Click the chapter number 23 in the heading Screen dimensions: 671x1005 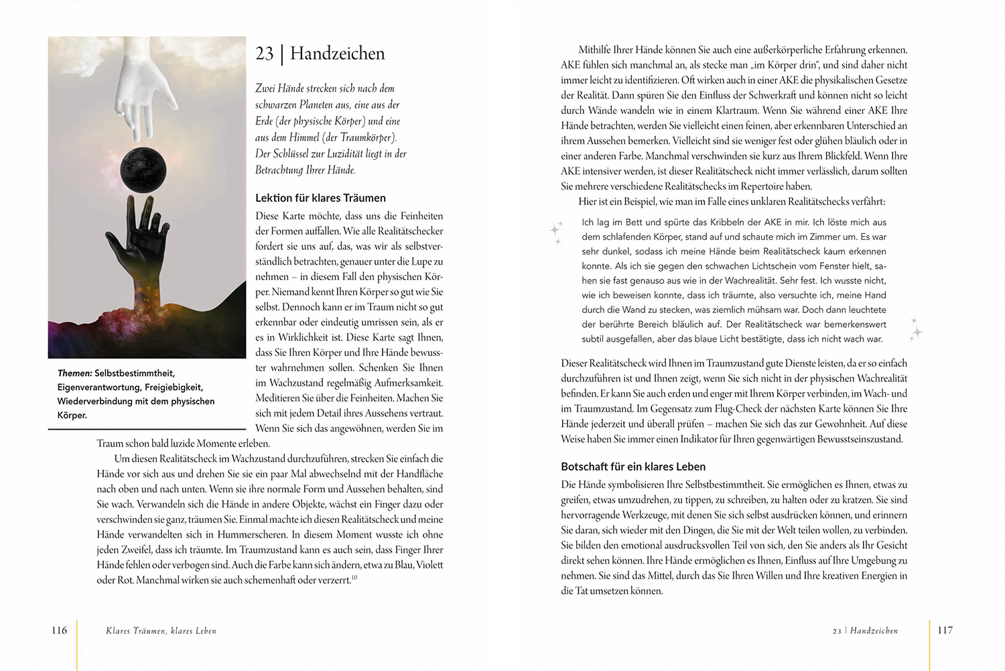click(265, 54)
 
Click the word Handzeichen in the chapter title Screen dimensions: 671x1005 click(337, 54)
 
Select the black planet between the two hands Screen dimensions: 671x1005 click(143, 170)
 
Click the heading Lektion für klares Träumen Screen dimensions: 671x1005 click(320, 198)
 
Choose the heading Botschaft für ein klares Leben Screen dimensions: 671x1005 click(632, 467)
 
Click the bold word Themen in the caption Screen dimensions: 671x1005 click(74, 373)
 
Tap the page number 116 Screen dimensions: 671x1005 click(59, 630)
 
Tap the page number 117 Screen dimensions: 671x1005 click(945, 630)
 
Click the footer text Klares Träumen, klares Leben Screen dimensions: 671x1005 click(161, 631)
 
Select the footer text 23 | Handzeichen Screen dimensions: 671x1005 click(865, 631)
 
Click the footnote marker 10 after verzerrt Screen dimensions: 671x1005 click(354, 578)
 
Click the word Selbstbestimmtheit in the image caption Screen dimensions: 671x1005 click(134, 373)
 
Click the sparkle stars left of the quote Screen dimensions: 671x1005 click(556, 232)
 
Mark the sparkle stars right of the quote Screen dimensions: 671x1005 click(916, 328)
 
